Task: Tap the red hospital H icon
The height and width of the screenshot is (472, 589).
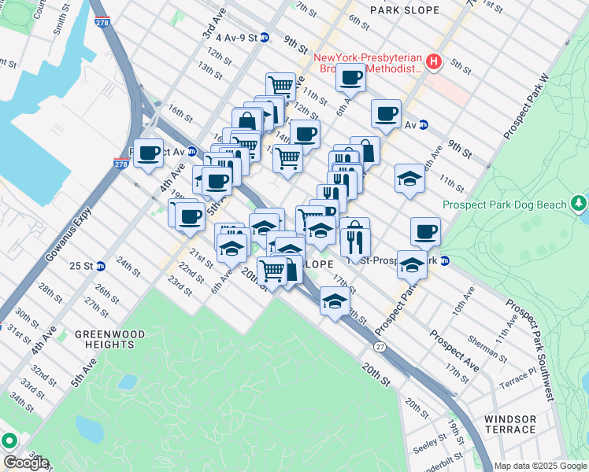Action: (432, 61)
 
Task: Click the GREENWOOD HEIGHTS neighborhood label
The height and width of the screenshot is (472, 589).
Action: (110, 339)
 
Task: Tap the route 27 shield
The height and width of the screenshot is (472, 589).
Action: (380, 346)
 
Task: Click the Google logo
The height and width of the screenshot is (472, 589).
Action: (26, 463)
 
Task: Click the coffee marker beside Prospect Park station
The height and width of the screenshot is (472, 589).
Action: (425, 231)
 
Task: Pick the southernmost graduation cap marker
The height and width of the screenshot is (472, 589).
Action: (335, 301)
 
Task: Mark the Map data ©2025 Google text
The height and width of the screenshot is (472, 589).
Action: (540, 466)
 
